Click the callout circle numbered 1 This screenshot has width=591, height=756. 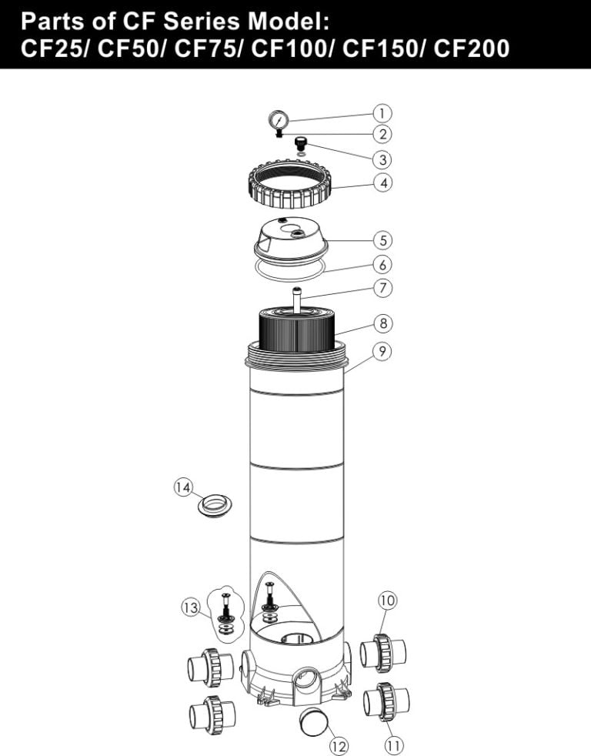pyautogui.click(x=382, y=113)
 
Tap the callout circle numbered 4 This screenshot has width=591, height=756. pyautogui.click(x=382, y=183)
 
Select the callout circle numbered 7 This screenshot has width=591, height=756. pyautogui.click(x=382, y=288)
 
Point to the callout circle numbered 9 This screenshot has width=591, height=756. pyautogui.click(x=382, y=351)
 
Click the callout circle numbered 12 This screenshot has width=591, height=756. pyautogui.click(x=338, y=745)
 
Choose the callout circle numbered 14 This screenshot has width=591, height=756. pyautogui.click(x=182, y=488)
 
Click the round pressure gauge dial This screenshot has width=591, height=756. pyautogui.click(x=279, y=120)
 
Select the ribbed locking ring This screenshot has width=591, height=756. pyautogui.click(x=289, y=189)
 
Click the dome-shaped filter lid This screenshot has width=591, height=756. pyautogui.click(x=291, y=239)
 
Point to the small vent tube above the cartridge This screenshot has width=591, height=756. pyautogui.click(x=296, y=297)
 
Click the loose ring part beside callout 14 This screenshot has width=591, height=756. pyautogui.click(x=215, y=505)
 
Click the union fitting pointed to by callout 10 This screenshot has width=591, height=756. pyautogui.click(x=382, y=652)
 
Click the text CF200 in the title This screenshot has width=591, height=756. pyautogui.click(x=472, y=49)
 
